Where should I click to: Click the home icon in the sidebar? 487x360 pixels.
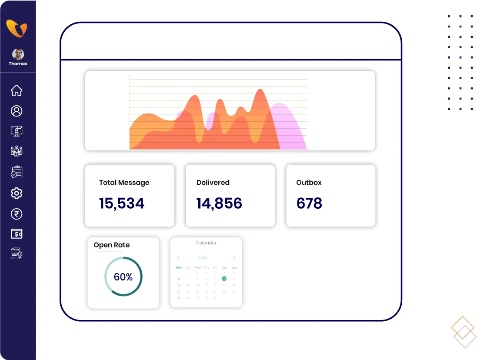17,90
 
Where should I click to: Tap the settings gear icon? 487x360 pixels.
17,193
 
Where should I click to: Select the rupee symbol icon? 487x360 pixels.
17,214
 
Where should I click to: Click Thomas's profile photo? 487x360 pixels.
18,54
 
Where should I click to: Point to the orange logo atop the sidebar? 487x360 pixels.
17,29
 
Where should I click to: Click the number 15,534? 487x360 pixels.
122,203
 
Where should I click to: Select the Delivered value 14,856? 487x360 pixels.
219,203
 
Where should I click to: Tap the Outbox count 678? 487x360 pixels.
309,203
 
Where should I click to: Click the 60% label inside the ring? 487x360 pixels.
123,277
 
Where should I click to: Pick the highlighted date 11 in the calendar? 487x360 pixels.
224,279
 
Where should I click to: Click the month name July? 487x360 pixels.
203,257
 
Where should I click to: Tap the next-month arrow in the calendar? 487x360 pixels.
234,257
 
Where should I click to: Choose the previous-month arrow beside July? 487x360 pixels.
178,257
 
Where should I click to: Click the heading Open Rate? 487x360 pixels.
112,245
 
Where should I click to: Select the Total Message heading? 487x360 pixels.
124,183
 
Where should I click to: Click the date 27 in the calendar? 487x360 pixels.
178,298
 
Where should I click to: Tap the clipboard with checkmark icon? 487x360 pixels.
17,172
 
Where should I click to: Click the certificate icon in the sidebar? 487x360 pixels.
17,253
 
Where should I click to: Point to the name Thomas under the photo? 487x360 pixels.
18,63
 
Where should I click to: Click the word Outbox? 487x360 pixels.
309,183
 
